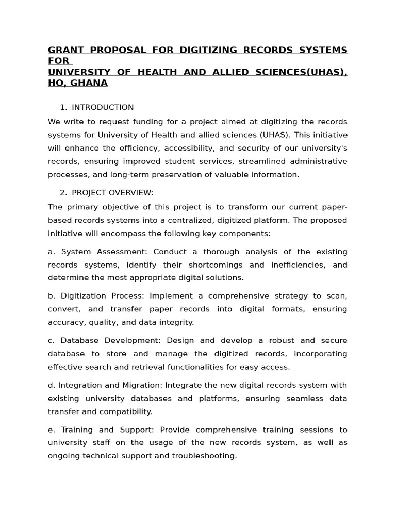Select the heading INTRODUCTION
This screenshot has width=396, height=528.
tap(103, 107)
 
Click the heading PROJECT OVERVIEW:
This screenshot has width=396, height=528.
tap(112, 193)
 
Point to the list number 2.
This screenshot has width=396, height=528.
tap(62, 193)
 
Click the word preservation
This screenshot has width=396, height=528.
tap(178, 175)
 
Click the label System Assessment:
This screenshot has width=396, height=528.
tap(105, 252)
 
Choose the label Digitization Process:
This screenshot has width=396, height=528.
tap(105, 296)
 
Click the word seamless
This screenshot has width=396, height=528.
tap(295, 399)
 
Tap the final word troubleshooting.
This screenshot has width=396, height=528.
tap(205, 456)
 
